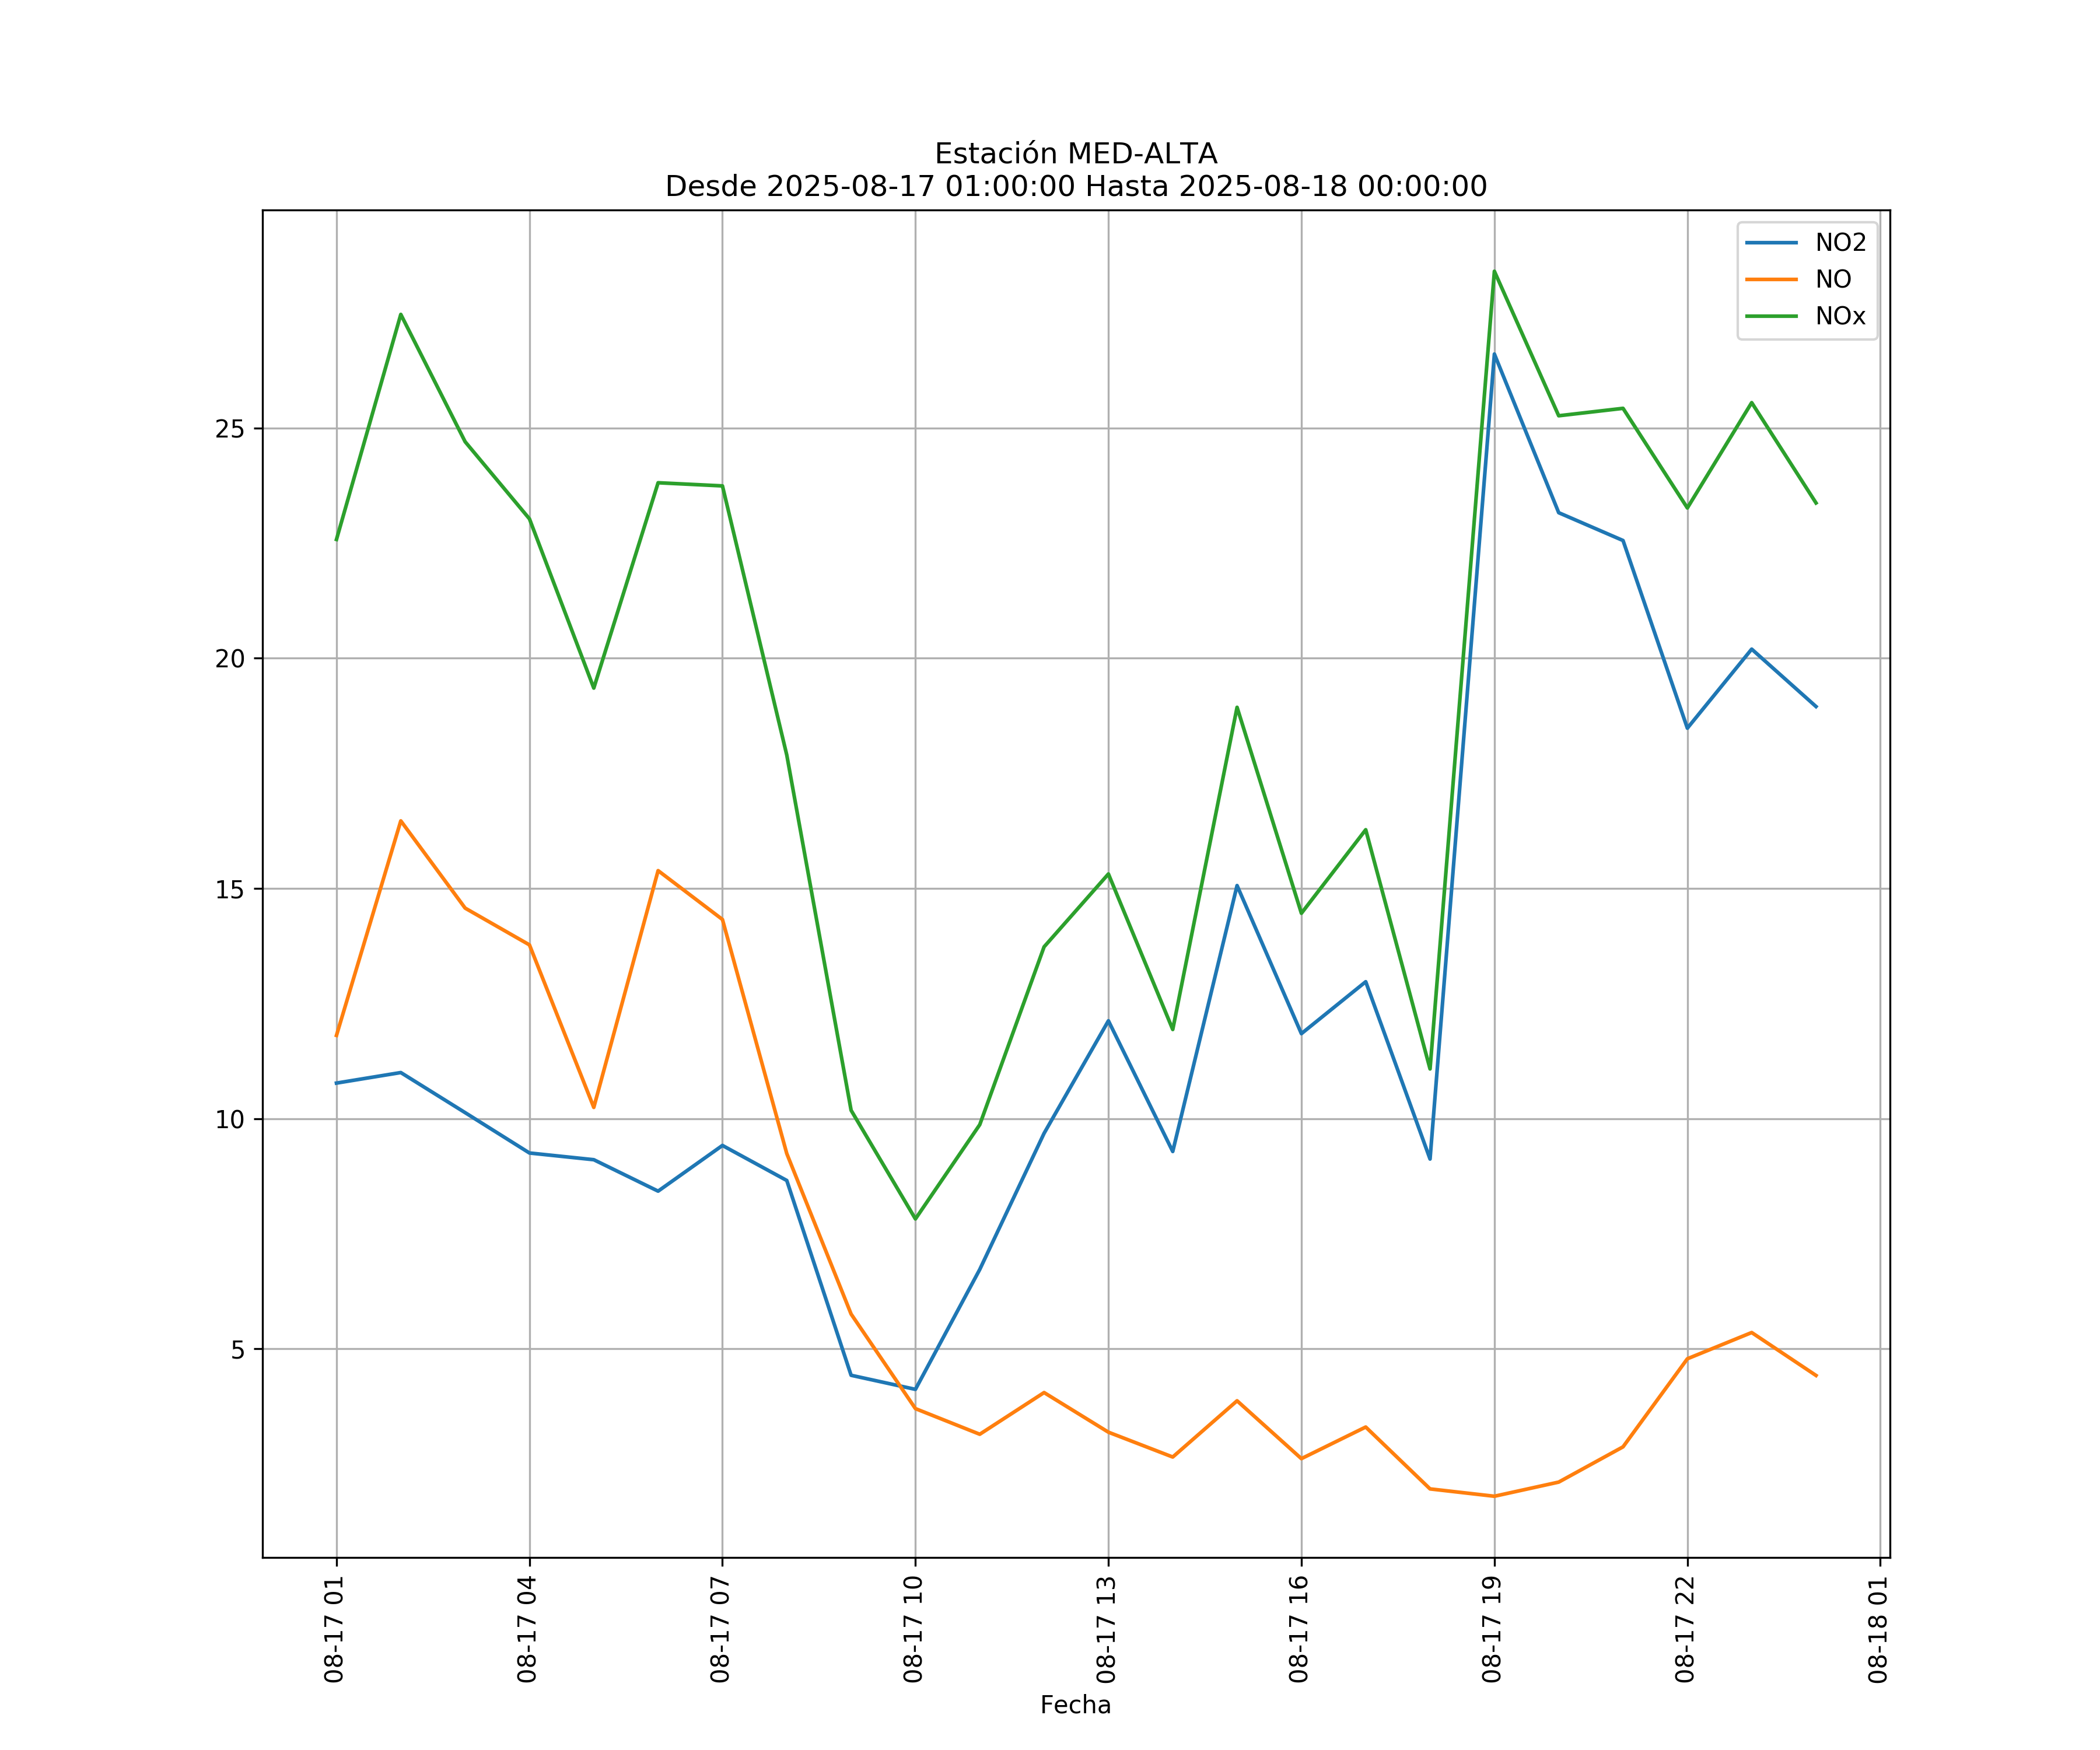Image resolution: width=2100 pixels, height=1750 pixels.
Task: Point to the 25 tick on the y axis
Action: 230,429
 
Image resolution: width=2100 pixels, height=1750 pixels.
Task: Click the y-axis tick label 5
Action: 237,1350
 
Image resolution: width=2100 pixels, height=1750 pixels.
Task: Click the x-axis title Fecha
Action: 1075,1705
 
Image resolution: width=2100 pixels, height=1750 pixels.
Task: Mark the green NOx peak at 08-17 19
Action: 1494,271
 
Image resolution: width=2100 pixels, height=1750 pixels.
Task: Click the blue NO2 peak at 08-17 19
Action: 1494,354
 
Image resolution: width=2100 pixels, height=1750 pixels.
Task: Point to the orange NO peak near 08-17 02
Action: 401,821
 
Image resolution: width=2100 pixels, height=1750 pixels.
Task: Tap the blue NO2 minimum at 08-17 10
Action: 915,1389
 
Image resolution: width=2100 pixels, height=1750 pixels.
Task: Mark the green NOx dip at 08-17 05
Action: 593,688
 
